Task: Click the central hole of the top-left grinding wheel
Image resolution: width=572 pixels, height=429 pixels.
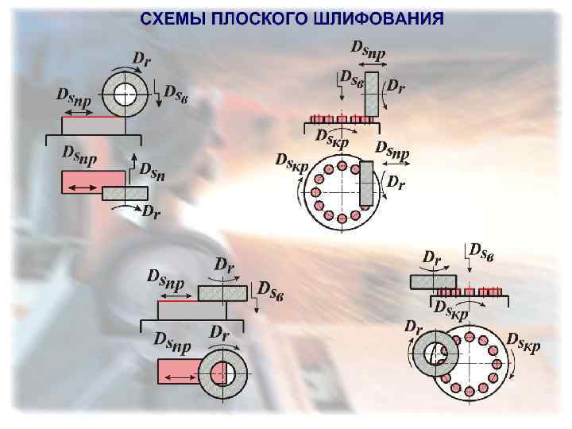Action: (125, 95)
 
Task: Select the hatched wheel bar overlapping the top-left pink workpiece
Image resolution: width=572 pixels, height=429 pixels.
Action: (125, 192)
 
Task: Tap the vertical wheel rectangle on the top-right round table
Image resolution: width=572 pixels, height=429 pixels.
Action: (366, 183)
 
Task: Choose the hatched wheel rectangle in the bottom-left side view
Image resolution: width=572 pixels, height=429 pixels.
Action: (223, 293)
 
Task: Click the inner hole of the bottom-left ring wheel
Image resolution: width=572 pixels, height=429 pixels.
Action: (222, 372)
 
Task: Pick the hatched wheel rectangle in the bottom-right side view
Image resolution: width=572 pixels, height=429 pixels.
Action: (433, 281)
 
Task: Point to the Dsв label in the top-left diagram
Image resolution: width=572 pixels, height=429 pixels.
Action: (176, 91)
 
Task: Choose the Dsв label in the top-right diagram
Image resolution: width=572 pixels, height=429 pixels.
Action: (352, 77)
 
